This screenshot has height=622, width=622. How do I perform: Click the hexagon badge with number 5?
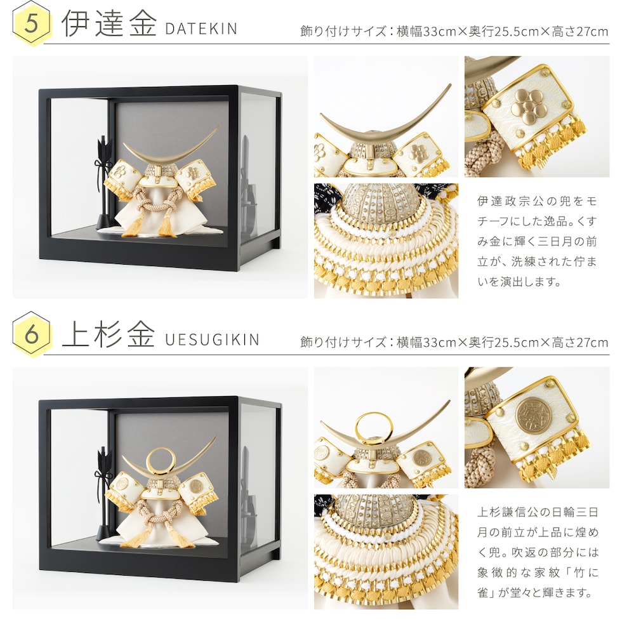(x=31, y=23)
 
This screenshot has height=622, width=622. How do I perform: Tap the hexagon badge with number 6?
(x=31, y=334)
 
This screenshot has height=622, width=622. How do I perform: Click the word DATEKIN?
(x=201, y=29)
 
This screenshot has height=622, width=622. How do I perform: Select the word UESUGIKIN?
(x=212, y=340)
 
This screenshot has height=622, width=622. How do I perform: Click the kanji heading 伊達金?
(x=109, y=23)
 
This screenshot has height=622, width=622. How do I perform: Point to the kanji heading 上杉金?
(x=109, y=334)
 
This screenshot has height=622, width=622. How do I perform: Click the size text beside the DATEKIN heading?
(x=454, y=31)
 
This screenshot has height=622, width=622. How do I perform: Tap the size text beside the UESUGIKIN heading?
(x=454, y=342)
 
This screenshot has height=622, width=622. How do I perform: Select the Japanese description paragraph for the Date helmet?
(x=537, y=241)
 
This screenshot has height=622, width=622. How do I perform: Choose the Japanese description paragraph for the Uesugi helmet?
(x=538, y=552)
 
